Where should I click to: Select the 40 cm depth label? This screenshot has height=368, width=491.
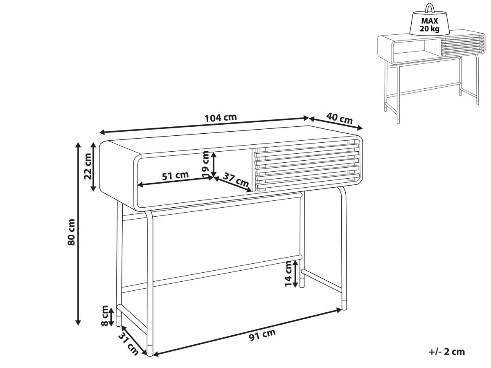pyautogui.click(x=339, y=119)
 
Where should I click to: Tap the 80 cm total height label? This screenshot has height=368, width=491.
pyautogui.click(x=71, y=232)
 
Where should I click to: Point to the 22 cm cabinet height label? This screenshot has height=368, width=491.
pyautogui.click(x=88, y=166)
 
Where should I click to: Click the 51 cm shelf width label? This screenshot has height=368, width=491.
pyautogui.click(x=176, y=176)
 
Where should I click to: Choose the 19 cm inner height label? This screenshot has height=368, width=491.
pyautogui.click(x=205, y=164)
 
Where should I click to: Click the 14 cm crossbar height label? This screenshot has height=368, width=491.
pyautogui.click(x=288, y=274)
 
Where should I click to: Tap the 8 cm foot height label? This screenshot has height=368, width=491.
pyautogui.click(x=104, y=316)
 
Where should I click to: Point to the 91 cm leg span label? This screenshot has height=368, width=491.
pyautogui.click(x=262, y=335)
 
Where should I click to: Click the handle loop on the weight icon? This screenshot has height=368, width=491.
pyautogui.click(x=430, y=9)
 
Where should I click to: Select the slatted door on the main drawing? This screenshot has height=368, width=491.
pyautogui.click(x=306, y=166)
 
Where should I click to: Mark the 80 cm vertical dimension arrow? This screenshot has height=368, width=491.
pyautogui.click(x=78, y=233)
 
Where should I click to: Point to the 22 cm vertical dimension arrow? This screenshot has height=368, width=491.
pyautogui.click(x=94, y=167)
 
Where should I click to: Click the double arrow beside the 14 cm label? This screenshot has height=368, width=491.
pyautogui.click(x=295, y=274)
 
